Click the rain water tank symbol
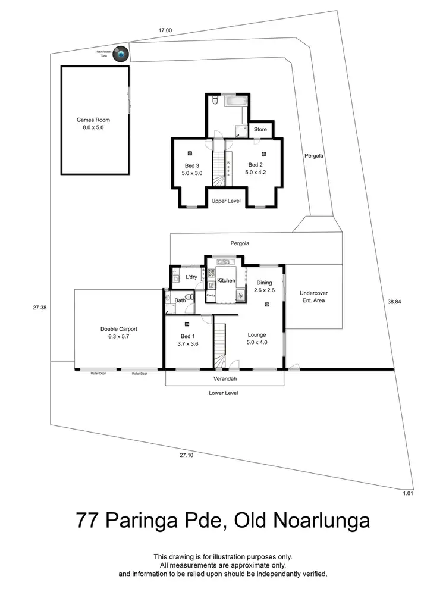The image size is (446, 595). click(121, 54)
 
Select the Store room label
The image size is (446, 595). click(260, 129)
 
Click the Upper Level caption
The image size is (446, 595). click(226, 201)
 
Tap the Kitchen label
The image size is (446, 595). click(226, 280)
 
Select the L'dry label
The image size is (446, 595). click(191, 277)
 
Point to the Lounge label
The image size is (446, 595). click(257, 334)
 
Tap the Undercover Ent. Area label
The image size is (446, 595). click(313, 296)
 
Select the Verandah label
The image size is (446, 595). click(225, 378)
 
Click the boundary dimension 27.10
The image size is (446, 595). click(186, 455)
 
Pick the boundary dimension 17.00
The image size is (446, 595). click(165, 30)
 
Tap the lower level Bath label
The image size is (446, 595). click(180, 300)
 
